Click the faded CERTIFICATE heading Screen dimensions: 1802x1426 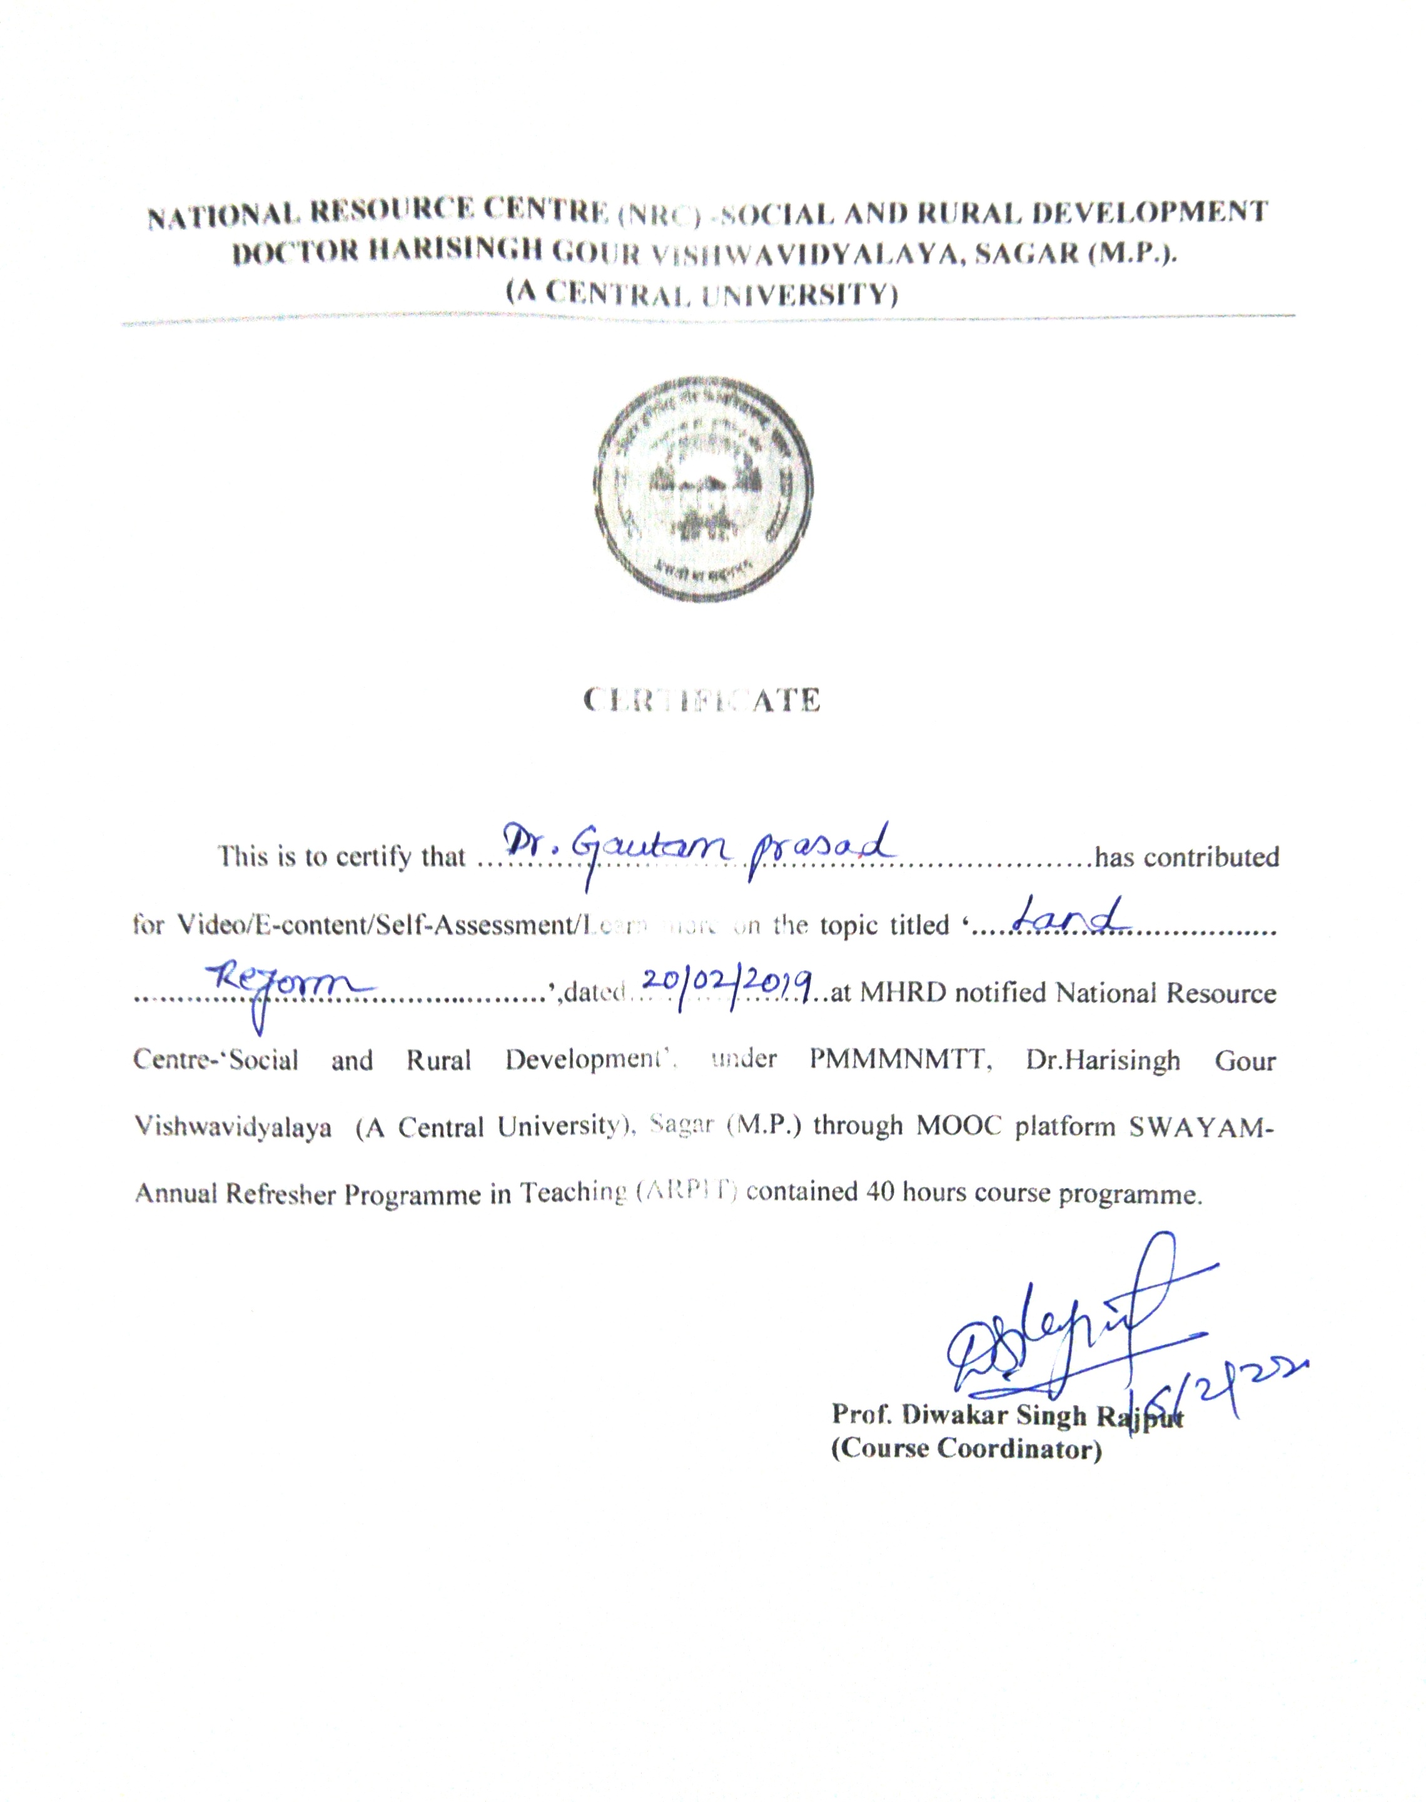click(702, 700)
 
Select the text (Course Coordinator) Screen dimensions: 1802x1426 click(966, 1448)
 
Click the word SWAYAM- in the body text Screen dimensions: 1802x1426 click(1201, 1128)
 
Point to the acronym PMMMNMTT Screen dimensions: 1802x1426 click(900, 1061)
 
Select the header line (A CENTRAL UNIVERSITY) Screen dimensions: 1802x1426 click(701, 294)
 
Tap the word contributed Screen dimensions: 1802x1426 click(1211, 858)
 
